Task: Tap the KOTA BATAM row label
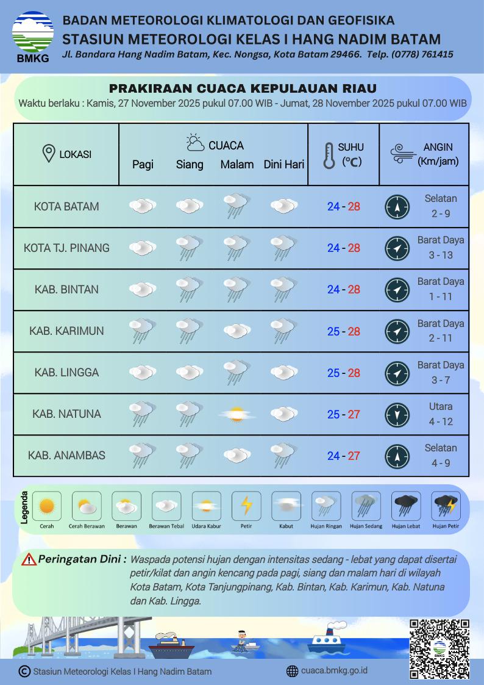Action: [66, 206]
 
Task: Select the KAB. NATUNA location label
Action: [66, 414]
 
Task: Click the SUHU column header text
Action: [351, 147]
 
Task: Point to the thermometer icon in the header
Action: [330, 156]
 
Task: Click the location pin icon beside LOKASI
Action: [49, 154]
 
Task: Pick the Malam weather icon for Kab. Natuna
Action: [236, 415]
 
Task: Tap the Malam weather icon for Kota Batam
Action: [236, 206]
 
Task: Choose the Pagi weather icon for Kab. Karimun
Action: [141, 331]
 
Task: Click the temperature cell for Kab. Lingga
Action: [343, 373]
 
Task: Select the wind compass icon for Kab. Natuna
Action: [397, 415]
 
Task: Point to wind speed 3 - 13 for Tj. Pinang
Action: [440, 255]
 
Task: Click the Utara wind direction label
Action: [440, 406]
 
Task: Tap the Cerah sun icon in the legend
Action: [46, 506]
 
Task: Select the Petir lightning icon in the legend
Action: [246, 506]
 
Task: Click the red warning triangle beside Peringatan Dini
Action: [29, 559]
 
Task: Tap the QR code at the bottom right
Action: [439, 648]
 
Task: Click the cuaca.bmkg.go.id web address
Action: [334, 671]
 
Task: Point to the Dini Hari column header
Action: [283, 165]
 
